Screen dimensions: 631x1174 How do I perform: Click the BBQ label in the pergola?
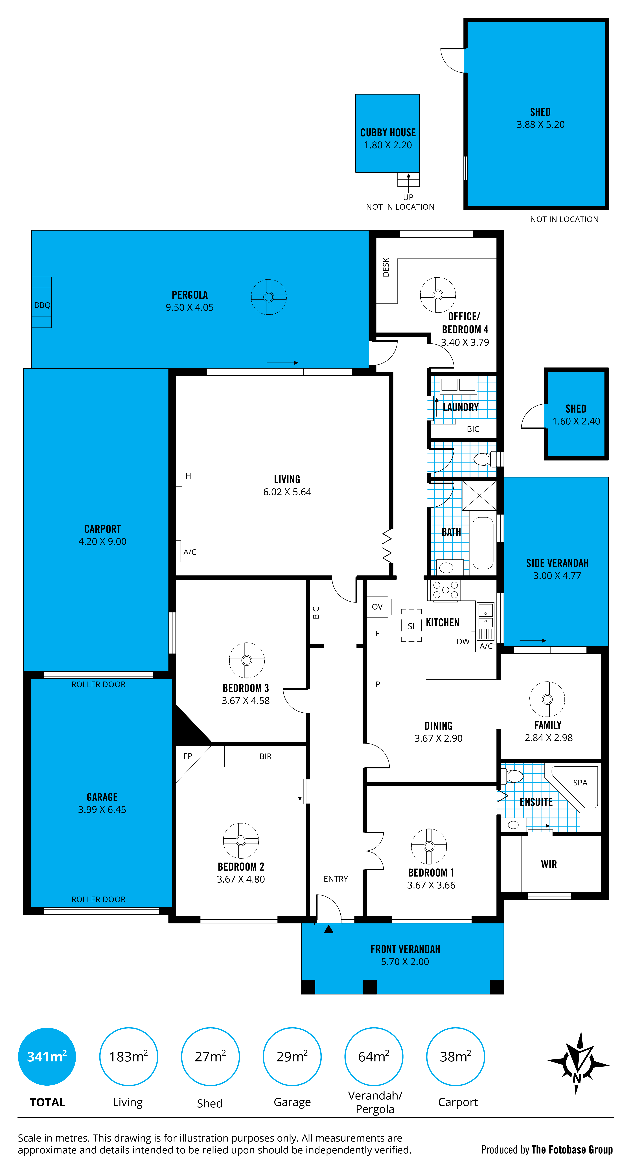42,305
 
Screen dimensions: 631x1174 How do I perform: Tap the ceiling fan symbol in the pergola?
269,297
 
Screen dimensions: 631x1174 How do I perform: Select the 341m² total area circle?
47,1056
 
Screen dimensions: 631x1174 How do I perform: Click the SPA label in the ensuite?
580,783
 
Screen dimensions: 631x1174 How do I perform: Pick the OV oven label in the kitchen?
377,607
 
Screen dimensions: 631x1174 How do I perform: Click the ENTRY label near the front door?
336,879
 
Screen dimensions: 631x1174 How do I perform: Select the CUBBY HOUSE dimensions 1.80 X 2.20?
388,145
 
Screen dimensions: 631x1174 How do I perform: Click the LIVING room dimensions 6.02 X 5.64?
287,492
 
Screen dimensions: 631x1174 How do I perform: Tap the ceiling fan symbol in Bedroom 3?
247,660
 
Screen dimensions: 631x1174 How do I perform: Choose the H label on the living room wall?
188,476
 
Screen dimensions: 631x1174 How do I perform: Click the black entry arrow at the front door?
328,929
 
